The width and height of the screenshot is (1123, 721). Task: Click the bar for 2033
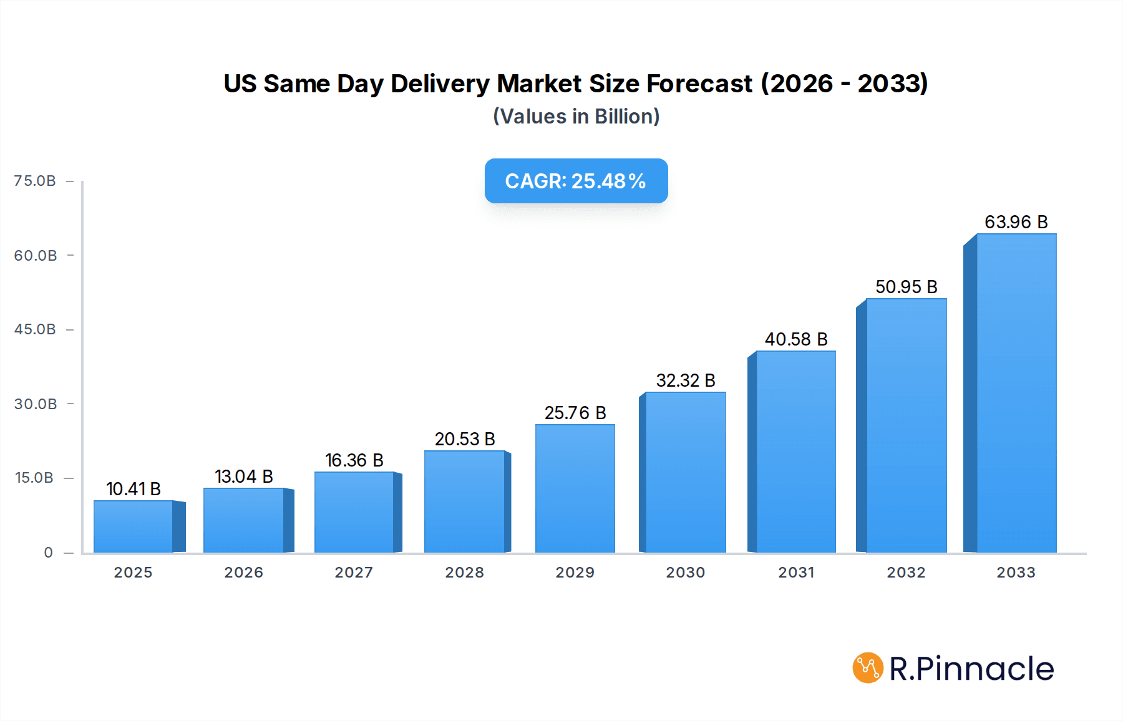click(1016, 393)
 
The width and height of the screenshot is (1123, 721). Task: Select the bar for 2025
click(134, 526)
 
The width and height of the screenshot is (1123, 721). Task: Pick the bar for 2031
click(795, 452)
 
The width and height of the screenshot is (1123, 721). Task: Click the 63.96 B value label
click(1016, 222)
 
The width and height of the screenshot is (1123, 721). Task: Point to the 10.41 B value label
click(134, 489)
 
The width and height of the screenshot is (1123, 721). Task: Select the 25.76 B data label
click(575, 413)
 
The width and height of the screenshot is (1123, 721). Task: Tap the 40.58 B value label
click(796, 339)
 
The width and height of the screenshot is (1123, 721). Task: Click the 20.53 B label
click(465, 439)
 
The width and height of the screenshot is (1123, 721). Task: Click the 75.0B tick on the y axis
click(35, 181)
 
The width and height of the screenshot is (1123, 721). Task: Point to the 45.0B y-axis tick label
click(35, 329)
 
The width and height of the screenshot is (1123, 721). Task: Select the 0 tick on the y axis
click(48, 553)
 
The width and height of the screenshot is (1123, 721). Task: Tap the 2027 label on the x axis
click(354, 573)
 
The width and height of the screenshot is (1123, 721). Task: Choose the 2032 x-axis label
click(906, 573)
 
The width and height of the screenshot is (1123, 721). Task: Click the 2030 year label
click(685, 573)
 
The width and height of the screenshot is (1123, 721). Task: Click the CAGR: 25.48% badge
click(576, 181)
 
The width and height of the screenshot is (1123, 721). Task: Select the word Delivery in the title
click(440, 84)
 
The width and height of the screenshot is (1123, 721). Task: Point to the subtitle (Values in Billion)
click(576, 117)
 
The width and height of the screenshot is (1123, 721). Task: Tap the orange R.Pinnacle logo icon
click(868, 668)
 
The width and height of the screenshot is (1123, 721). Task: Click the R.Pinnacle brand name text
click(971, 669)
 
